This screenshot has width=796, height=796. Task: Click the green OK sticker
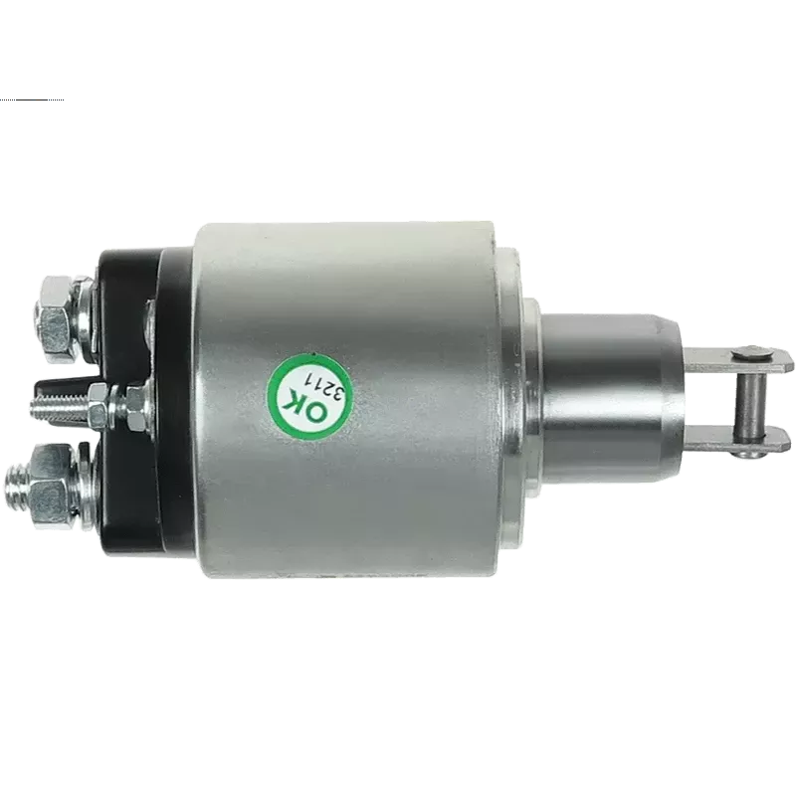[x=309, y=395]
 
